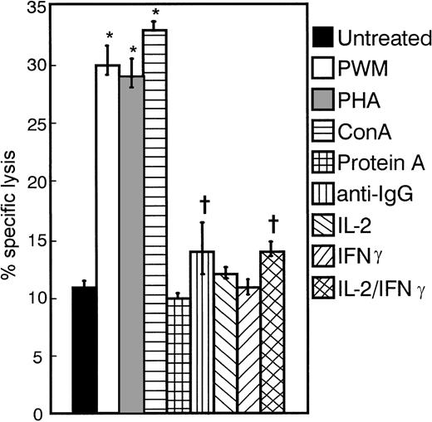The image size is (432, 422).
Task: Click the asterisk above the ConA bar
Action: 155,14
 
